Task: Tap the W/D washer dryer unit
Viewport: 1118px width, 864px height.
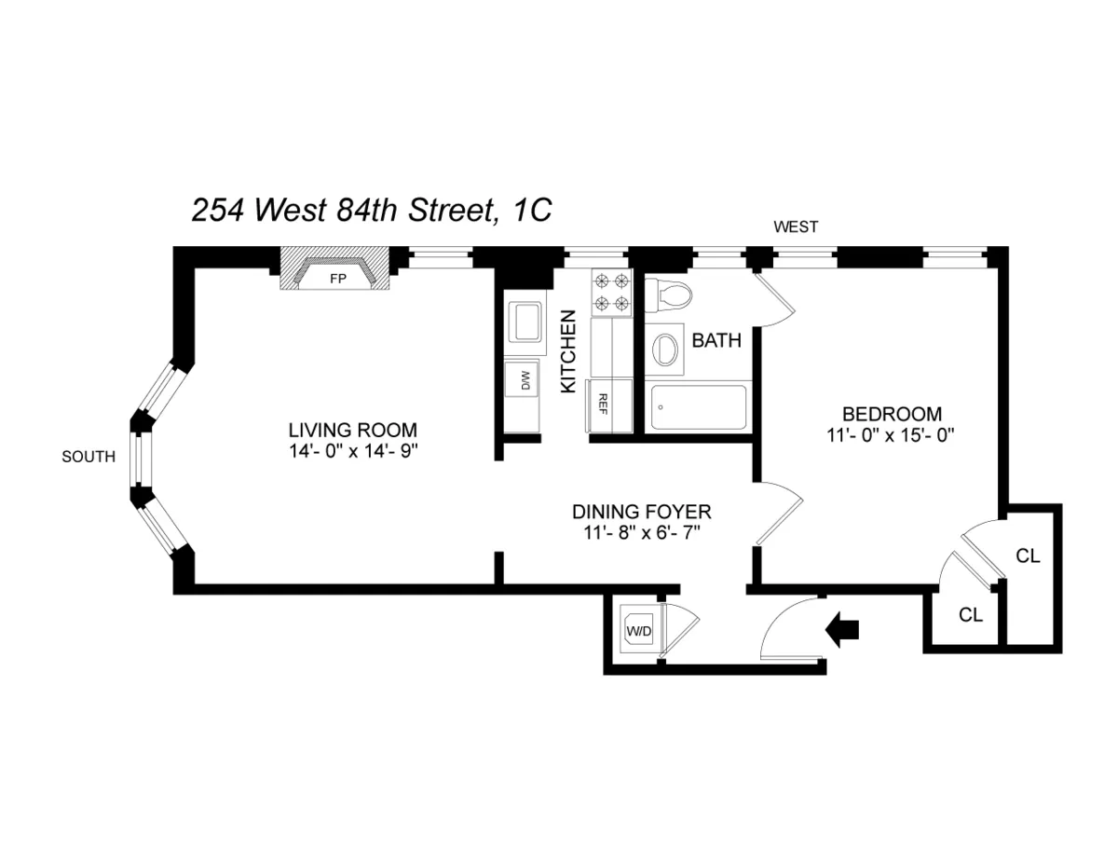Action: click(x=640, y=631)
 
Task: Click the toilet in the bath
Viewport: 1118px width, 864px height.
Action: click(x=670, y=295)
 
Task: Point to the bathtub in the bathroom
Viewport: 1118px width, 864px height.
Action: click(x=698, y=407)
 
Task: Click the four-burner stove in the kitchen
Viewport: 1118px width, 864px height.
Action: click(x=611, y=291)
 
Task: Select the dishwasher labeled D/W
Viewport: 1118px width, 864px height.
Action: click(x=523, y=380)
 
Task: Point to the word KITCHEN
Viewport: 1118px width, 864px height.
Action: click(x=567, y=351)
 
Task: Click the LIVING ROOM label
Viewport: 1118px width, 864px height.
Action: click(x=352, y=431)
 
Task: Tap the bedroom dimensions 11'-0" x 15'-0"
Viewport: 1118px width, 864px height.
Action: click(x=892, y=434)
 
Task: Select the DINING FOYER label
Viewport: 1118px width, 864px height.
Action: click(x=642, y=512)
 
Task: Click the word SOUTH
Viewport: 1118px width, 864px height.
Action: click(x=89, y=457)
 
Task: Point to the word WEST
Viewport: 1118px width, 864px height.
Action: click(x=796, y=226)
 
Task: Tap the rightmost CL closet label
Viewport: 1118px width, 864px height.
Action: click(x=1028, y=556)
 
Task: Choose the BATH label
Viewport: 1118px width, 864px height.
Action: click(x=716, y=341)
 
